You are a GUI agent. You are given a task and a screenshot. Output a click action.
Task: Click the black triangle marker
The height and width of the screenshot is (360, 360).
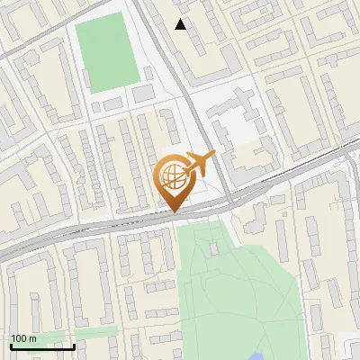tap(181, 24)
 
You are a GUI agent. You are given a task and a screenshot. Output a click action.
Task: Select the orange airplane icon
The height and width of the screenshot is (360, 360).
tap(199, 165)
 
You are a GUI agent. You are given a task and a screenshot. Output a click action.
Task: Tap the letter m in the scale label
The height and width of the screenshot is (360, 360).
tap(32, 338)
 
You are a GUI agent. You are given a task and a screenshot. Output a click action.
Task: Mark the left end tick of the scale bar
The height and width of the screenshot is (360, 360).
tap(10, 345)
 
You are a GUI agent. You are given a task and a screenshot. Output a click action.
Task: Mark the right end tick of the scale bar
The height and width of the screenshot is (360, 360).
tap(74, 345)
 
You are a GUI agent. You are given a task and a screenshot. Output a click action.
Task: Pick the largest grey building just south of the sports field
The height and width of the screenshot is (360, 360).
tap(144, 93)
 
